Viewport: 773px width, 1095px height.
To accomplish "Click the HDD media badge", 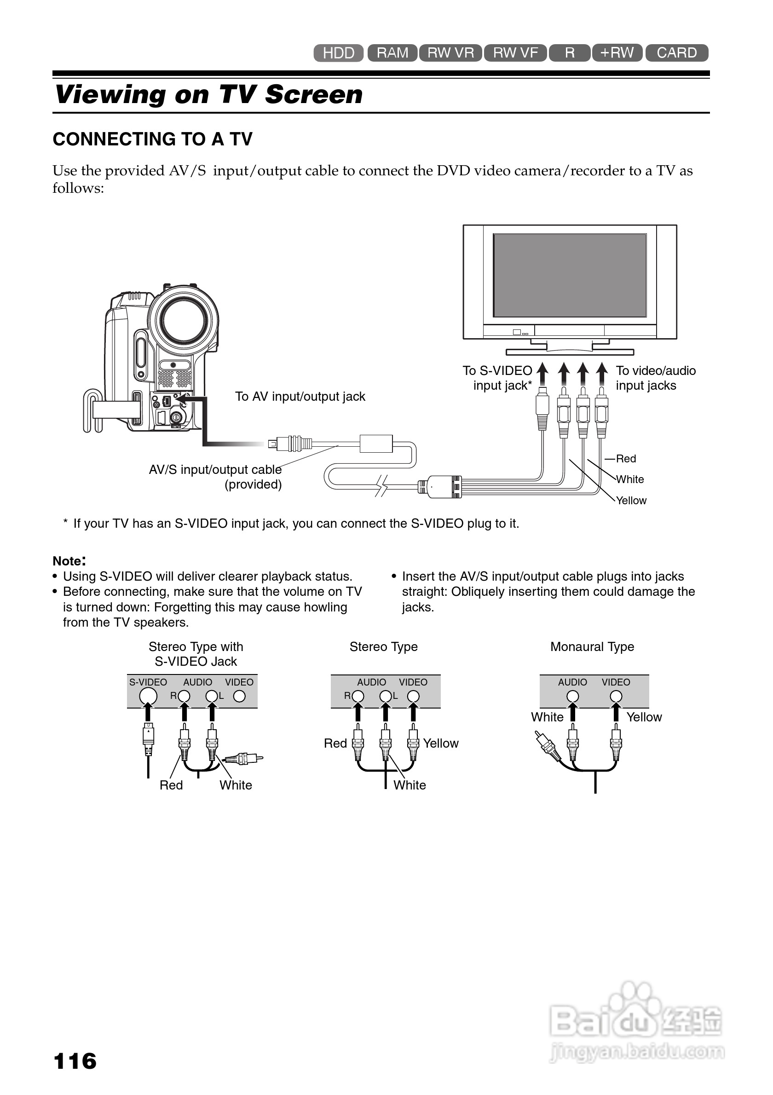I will [x=338, y=53].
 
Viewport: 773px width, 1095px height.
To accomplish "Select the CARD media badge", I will [x=676, y=52].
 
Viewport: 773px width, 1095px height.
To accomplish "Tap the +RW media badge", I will [x=617, y=52].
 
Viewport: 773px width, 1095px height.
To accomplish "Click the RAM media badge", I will [x=392, y=52].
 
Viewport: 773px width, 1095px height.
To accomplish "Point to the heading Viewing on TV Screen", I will [x=209, y=94].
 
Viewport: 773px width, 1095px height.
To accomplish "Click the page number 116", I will [x=75, y=1061].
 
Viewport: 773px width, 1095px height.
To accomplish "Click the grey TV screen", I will [x=569, y=275].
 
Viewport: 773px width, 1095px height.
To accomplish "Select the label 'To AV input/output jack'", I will [x=300, y=396].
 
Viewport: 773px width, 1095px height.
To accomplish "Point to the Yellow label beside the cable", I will [x=631, y=500].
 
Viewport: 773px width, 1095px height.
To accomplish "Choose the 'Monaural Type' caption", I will [x=592, y=647].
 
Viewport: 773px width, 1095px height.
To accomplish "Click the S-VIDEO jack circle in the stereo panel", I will [x=148, y=696].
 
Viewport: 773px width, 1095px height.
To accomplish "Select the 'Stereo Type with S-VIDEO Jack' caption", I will [x=196, y=654].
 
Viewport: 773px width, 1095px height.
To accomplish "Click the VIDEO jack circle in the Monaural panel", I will [x=616, y=696].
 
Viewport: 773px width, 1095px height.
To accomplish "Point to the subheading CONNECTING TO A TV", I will [x=153, y=139].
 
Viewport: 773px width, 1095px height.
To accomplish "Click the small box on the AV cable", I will [x=376, y=444].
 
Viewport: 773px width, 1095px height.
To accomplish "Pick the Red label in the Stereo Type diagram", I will [x=335, y=743].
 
